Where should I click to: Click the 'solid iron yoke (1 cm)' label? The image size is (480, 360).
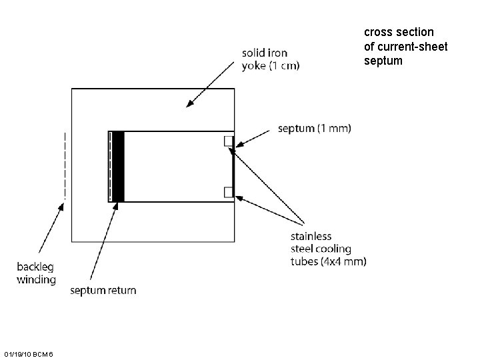coord(270,59)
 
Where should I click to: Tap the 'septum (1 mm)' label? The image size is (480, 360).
coord(314,128)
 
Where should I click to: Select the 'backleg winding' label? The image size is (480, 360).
coord(36,273)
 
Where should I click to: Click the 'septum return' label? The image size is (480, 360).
coord(103,291)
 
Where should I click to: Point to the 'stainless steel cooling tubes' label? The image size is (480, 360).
coord(327,249)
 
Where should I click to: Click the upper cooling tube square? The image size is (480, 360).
coord(228,141)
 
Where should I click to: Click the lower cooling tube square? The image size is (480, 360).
coord(228,193)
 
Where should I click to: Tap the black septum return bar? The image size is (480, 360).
coord(118,167)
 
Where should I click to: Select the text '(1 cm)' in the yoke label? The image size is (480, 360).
coord(285,65)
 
